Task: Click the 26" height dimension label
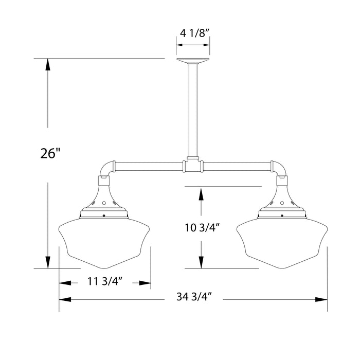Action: coord(50,153)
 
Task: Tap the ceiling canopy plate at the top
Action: coord(193,61)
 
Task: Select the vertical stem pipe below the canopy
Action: coord(193,108)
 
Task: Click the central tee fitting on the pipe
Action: coord(193,166)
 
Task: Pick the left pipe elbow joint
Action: coord(105,169)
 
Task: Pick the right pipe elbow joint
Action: coord(281,169)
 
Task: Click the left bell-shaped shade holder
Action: coord(105,198)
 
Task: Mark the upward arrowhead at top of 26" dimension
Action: coord(48,64)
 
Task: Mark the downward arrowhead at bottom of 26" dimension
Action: coord(48,263)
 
